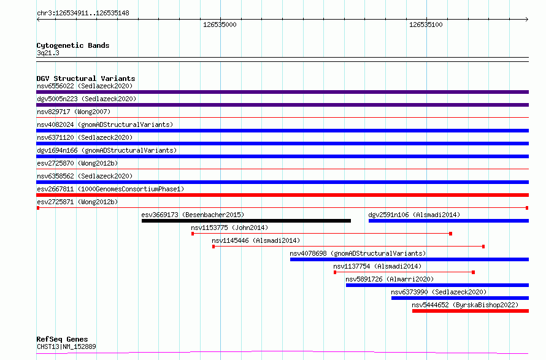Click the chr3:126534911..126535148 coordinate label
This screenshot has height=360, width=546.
83,13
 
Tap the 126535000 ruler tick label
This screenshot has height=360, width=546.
219,25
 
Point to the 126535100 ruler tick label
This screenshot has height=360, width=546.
425,25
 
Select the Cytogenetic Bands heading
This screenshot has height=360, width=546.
72,45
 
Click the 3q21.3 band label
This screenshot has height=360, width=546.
48,53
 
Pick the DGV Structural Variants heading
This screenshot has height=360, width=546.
85,79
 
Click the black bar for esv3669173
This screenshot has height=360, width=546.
246,221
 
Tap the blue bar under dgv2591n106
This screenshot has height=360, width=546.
448,221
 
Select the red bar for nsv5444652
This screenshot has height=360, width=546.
470,311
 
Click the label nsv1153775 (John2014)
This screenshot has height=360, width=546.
229,228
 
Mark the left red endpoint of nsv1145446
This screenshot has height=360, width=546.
213,247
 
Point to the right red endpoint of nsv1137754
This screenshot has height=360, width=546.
474,272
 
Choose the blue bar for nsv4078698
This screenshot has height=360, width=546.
409,259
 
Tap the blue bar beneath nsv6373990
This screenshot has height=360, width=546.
459,298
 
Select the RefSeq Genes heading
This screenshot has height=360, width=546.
62,339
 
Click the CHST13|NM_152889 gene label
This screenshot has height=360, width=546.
66,347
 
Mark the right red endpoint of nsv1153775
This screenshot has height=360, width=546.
451,234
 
